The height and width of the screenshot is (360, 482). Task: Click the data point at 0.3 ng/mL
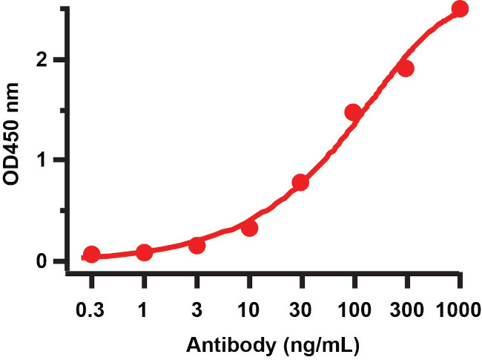(91, 255)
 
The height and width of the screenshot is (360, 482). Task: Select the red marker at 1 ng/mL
(145, 252)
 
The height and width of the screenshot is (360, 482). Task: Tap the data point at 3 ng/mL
(197, 245)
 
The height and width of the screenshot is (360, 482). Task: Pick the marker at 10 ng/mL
(250, 228)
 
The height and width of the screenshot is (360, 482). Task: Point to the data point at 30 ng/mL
(301, 183)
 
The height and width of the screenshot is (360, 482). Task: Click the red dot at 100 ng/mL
(353, 113)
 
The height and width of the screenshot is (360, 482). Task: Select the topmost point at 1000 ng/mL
(460, 9)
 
